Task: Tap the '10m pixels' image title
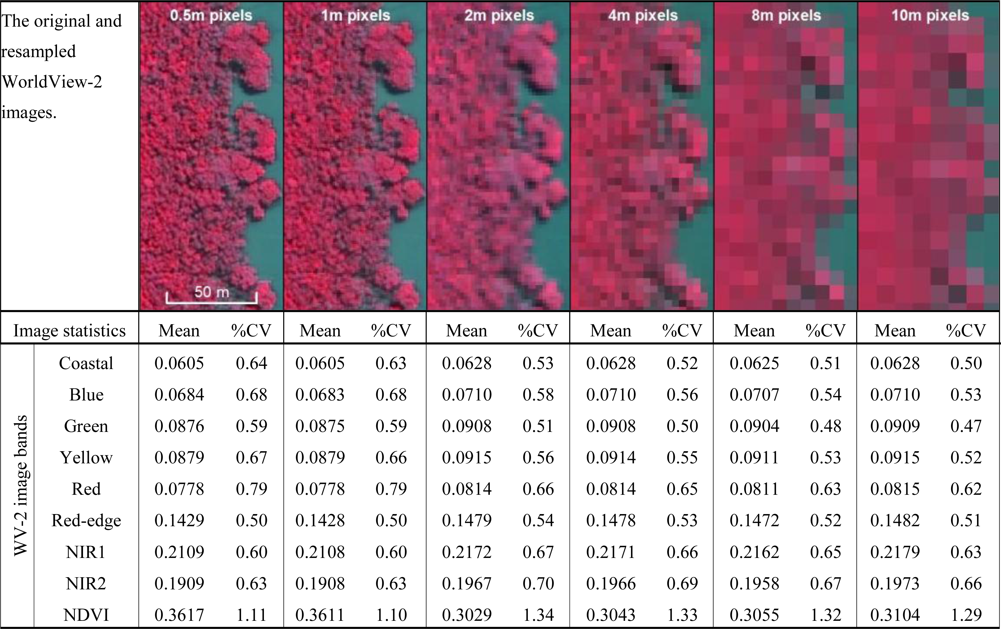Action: click(930, 16)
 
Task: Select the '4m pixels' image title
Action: click(643, 16)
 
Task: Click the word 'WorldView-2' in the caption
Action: click(52, 82)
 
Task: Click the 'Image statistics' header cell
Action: click(70, 331)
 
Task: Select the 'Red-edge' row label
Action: click(86, 521)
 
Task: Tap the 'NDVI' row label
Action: click(86, 615)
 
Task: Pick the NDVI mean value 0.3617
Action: click(179, 615)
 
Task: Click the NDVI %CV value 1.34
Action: click(538, 615)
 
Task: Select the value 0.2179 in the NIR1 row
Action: click(895, 552)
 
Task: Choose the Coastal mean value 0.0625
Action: click(754, 363)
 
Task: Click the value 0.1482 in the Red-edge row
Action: click(895, 521)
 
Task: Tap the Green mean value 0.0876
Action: click(179, 426)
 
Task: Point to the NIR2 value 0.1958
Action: click(754, 583)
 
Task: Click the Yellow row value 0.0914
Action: click(611, 458)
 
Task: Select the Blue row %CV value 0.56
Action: click(682, 394)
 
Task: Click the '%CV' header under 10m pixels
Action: click(966, 331)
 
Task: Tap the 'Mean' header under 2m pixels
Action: click(466, 331)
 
